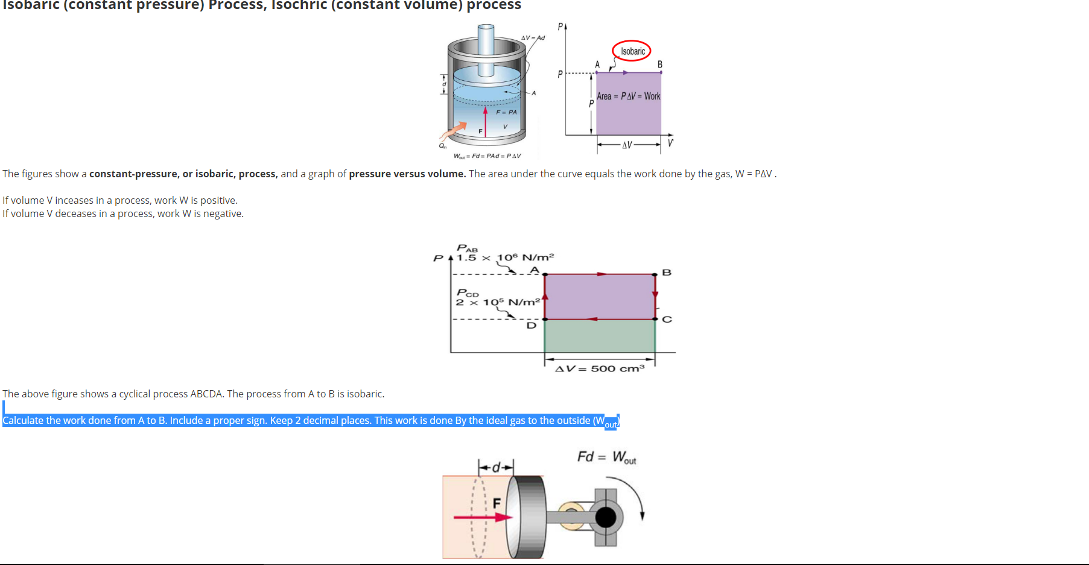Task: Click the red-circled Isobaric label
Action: [x=632, y=51]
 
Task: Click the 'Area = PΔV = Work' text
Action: [x=628, y=96]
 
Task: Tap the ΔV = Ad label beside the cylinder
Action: [x=533, y=38]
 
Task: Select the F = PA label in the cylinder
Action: [x=506, y=112]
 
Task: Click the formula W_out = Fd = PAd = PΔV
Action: [x=487, y=156]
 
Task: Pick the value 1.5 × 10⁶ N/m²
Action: [x=505, y=257]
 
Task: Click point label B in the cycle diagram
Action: [x=667, y=273]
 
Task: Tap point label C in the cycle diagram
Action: [x=667, y=320]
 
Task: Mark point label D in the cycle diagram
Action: [x=531, y=326]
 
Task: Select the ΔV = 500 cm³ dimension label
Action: [x=600, y=368]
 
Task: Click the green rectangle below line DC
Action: [x=599, y=336]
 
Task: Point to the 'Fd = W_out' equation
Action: [x=606, y=457]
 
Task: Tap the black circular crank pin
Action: [x=606, y=517]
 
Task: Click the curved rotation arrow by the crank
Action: [x=633, y=494]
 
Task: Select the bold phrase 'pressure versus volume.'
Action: [x=407, y=174]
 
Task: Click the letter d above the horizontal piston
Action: [x=496, y=467]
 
